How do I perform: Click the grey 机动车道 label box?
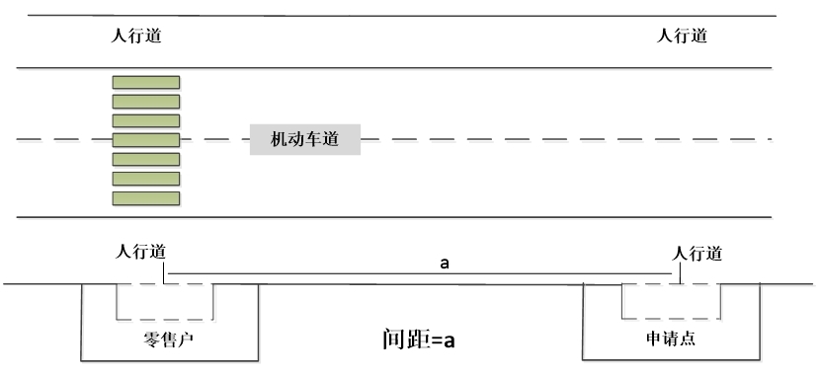[305, 139]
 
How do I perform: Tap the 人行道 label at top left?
[136, 37]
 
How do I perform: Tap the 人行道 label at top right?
[682, 37]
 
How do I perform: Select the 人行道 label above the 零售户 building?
[140, 253]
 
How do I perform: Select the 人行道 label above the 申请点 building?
[697, 255]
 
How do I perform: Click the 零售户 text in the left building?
[168, 339]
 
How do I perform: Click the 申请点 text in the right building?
[671, 339]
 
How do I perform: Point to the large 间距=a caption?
[418, 339]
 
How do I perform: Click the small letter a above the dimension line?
[445, 264]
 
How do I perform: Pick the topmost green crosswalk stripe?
[146, 83]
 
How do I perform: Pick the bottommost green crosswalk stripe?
[146, 198]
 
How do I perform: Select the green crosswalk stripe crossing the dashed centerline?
[146, 140]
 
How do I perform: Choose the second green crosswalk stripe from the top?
[146, 102]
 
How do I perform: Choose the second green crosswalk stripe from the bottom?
[146, 179]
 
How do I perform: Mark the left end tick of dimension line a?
[164, 273]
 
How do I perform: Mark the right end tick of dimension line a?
[680, 273]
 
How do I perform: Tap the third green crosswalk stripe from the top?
[146, 121]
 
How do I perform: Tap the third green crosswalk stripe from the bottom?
[146, 159]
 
